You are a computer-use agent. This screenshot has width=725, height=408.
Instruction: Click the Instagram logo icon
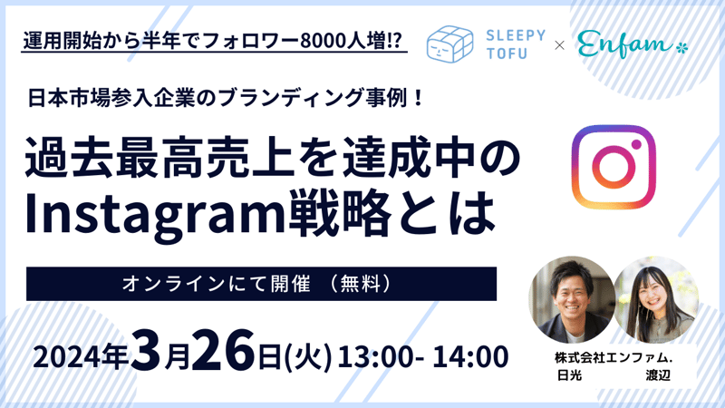(x=614, y=167)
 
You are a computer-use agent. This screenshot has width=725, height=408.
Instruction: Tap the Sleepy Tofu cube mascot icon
(x=449, y=44)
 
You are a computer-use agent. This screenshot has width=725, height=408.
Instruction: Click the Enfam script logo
(x=633, y=44)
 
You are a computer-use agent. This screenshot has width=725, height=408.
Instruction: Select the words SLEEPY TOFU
(x=516, y=44)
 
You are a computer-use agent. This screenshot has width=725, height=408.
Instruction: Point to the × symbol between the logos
(x=559, y=45)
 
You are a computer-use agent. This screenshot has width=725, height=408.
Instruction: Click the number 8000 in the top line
(x=320, y=42)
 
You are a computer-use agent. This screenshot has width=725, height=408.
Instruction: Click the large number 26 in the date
(x=223, y=350)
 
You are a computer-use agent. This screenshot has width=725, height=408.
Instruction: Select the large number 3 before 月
(x=146, y=350)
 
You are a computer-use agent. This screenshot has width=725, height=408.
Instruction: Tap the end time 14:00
(x=470, y=357)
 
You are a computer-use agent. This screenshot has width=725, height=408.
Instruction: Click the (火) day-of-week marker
(x=308, y=357)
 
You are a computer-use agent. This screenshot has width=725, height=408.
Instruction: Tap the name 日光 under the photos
(x=569, y=375)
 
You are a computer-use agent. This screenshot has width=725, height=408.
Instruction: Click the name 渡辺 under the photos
(x=658, y=375)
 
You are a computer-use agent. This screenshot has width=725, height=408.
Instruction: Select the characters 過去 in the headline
(x=70, y=157)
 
